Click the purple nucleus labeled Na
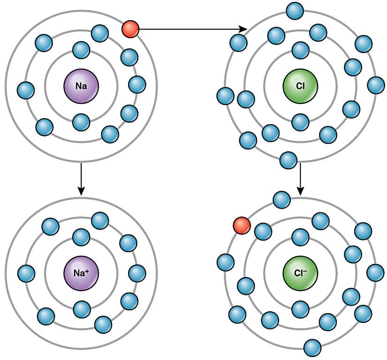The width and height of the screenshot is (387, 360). click(x=81, y=86)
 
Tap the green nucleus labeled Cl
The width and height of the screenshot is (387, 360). click(x=300, y=86)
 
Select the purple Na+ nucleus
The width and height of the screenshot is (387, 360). click(x=81, y=272)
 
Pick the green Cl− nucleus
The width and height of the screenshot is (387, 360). click(x=300, y=272)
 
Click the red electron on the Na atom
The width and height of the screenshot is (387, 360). click(x=130, y=30)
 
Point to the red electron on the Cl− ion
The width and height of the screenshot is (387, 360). click(x=242, y=225)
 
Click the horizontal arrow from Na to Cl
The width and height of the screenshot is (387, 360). click(x=192, y=30)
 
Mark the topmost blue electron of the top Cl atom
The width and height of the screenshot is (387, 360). click(x=295, y=10)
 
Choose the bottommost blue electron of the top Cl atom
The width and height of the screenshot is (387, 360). click(x=288, y=160)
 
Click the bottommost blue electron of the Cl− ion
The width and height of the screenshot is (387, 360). click(x=312, y=347)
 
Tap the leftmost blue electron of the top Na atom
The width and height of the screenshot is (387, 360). click(x=25, y=90)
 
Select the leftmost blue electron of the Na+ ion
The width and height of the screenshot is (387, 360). click(x=26, y=273)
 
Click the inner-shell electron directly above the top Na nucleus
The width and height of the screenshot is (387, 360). click(x=81, y=50)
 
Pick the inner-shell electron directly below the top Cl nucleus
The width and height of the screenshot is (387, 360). click(x=300, y=122)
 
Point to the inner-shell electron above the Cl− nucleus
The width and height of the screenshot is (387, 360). click(x=300, y=237)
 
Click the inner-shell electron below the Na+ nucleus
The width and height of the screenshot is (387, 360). click(x=82, y=308)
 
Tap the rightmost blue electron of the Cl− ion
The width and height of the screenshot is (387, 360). click(x=375, y=273)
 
